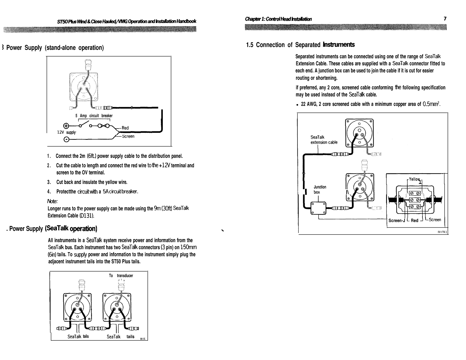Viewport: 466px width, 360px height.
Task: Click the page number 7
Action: pos(445,18)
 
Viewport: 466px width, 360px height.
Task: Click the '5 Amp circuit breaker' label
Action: pos(94,116)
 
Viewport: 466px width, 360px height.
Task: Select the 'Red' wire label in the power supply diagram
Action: pos(125,128)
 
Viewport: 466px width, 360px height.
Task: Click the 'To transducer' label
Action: pos(121,276)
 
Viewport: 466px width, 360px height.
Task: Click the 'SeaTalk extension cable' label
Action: pos(324,140)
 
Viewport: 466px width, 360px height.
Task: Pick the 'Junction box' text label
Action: pos(320,189)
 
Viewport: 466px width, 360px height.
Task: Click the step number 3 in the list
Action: pos(48,182)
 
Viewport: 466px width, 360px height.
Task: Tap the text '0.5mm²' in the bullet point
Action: pos(431,104)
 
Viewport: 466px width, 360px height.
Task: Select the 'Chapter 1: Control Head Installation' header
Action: pos(278,19)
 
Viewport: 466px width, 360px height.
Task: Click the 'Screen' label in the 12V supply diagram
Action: pos(128,136)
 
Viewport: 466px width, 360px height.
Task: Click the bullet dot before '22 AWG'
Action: pos(297,105)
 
